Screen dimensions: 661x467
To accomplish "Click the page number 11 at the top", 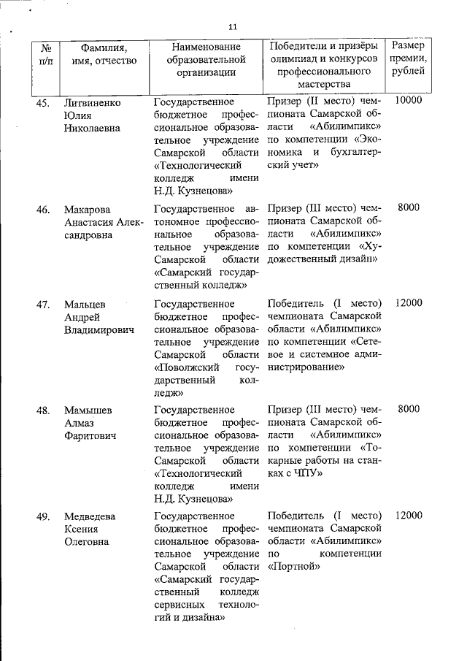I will (x=233, y=27).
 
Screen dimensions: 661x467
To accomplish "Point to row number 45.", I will (x=43, y=102).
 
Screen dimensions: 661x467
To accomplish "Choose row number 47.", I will (x=43, y=303).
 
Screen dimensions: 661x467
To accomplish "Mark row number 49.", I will (x=43, y=516).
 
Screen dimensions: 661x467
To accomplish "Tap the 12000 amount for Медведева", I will (x=408, y=516).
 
